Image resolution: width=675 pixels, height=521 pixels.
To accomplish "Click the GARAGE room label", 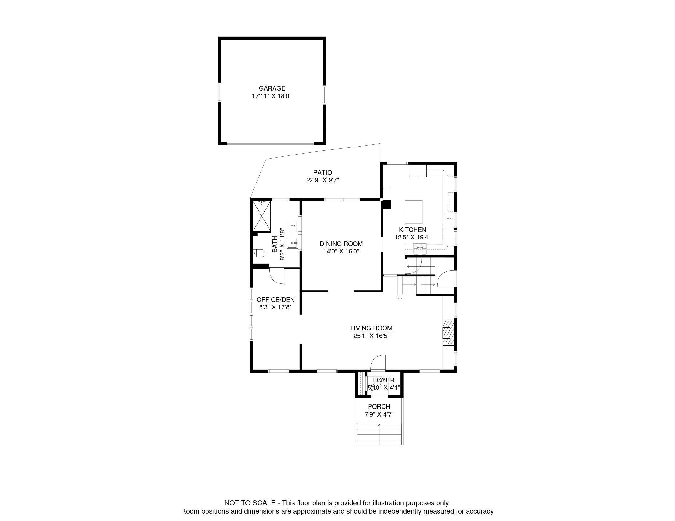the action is click(x=272, y=88).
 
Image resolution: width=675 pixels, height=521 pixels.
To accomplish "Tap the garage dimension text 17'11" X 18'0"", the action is click(x=272, y=96).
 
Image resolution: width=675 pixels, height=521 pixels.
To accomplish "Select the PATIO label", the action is click(x=322, y=173).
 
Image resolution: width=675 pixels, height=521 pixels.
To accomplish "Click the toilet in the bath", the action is click(x=260, y=253).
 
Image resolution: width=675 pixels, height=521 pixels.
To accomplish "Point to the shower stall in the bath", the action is click(x=262, y=215).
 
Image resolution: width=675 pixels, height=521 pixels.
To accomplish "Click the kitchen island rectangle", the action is click(x=414, y=212).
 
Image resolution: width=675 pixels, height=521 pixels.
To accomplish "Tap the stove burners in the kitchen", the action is click(x=420, y=249).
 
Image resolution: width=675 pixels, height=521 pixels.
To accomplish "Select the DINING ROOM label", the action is click(x=341, y=244).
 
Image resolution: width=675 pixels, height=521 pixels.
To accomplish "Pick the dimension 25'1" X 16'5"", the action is click(x=371, y=336).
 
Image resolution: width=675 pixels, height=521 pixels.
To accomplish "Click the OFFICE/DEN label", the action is click(x=275, y=300).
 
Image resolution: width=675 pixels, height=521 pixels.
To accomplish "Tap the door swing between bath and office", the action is click(x=277, y=276).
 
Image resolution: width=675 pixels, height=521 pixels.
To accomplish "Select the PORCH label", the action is click(x=379, y=407).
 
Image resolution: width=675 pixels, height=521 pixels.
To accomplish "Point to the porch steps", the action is click(x=379, y=434).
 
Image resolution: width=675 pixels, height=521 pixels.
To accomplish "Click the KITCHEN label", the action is click(x=413, y=230).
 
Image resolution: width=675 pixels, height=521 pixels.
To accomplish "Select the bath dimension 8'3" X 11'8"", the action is click(x=282, y=245).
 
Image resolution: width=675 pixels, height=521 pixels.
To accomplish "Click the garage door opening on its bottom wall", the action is click(x=270, y=143).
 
